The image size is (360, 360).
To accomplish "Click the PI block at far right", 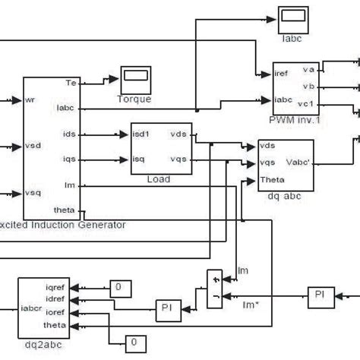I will (319, 293).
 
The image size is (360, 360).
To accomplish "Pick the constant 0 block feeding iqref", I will (119, 287).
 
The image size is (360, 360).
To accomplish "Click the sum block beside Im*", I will (216, 289).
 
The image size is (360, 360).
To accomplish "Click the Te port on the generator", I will (71, 83).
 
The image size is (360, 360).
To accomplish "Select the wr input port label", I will (30, 99).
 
